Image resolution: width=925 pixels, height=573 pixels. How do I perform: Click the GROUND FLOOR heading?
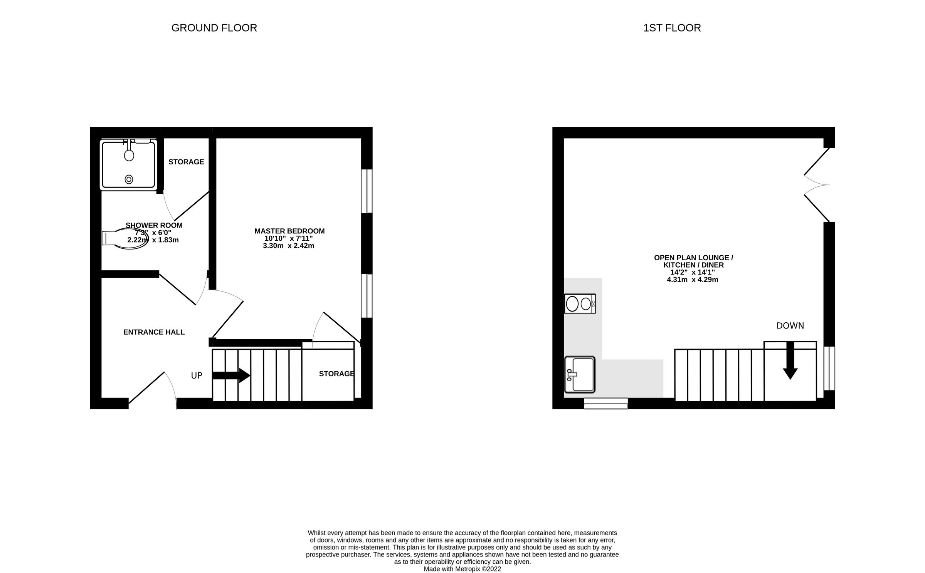point(214,28)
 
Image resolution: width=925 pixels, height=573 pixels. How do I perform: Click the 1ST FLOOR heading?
point(672,28)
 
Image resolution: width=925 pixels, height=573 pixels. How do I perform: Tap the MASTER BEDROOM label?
point(289,231)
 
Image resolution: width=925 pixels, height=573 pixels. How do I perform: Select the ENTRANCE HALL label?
point(154,332)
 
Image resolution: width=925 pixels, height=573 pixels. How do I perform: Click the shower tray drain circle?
point(129,179)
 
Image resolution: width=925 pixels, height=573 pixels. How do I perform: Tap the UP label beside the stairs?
point(197,375)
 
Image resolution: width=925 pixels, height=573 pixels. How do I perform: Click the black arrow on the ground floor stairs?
point(231,375)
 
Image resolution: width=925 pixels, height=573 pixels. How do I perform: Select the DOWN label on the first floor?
point(790,326)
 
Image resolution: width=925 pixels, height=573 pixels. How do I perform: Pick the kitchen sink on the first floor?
point(580,374)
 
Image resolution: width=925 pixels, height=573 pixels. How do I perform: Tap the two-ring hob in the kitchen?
point(580,304)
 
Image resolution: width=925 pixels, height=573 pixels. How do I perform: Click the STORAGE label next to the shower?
point(186,162)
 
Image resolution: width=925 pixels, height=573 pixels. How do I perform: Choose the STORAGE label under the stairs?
point(336,374)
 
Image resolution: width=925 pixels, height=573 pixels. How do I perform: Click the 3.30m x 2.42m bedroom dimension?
point(288,246)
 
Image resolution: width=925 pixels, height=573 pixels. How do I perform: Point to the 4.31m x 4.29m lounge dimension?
point(693,280)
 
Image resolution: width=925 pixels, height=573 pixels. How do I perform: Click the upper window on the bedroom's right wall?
point(367,191)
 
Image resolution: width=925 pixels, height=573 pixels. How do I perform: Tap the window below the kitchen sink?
point(606,403)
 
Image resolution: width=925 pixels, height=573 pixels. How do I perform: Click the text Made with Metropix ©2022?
point(462,569)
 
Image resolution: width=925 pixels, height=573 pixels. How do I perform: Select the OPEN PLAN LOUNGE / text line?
point(693,258)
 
